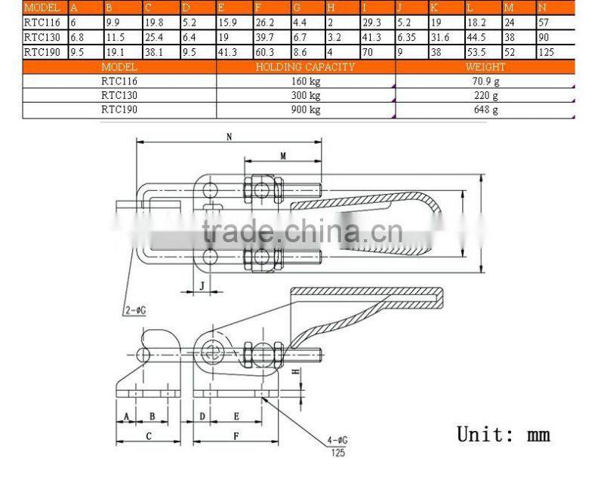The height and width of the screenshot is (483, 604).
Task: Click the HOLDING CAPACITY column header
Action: (306, 67)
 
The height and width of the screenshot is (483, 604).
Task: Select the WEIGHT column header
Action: (485, 67)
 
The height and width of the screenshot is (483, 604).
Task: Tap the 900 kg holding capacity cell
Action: (306, 109)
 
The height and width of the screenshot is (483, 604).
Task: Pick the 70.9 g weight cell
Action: (485, 81)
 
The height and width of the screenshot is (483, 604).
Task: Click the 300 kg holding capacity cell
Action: (306, 95)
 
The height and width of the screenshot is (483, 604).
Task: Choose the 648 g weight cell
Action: (485, 109)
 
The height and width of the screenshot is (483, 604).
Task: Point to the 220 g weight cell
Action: (485, 95)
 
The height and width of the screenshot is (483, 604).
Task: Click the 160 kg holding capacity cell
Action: (306, 81)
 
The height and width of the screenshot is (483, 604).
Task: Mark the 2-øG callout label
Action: (134, 309)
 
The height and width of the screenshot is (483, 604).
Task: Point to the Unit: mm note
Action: (504, 434)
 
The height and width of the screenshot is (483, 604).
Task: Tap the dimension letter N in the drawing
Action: (228, 137)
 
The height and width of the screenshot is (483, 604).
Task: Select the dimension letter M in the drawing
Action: (282, 155)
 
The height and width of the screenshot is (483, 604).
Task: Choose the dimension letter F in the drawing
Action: (236, 436)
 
